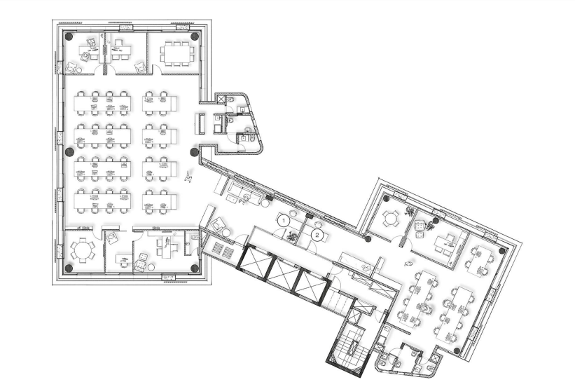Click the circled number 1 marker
coord(283,221)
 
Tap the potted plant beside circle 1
coord(291,236)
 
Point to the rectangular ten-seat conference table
coord(176,54)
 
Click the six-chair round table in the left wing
coord(83,251)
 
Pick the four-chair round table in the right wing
coord(390,219)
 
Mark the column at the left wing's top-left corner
coord(69,36)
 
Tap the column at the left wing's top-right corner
coord(195,36)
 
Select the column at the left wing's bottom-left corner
coord(69,268)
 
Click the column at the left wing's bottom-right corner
coord(195,268)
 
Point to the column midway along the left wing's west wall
coord(69,151)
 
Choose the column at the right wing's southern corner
coord(457,350)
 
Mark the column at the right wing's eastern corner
coord(501,251)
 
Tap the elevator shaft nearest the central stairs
coord(310,284)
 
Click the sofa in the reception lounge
coord(244,189)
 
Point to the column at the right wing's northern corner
coord(386,198)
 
